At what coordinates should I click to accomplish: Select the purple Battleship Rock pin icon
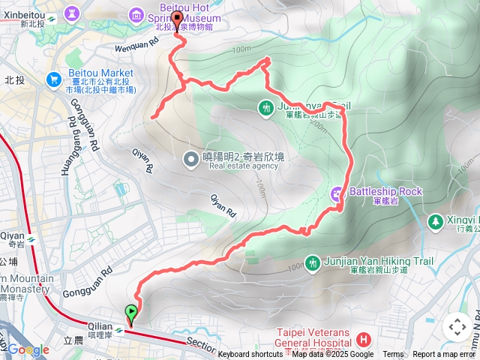(x=337, y=194)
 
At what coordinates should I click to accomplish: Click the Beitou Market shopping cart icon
(x=53, y=79)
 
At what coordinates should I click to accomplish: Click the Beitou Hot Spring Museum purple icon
(x=136, y=13)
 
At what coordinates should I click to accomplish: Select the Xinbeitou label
(x=25, y=15)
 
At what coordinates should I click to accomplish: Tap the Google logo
(x=28, y=350)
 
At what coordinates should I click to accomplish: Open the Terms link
(x=393, y=355)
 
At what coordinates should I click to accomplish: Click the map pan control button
(x=457, y=326)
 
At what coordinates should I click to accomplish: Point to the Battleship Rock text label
(x=385, y=191)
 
